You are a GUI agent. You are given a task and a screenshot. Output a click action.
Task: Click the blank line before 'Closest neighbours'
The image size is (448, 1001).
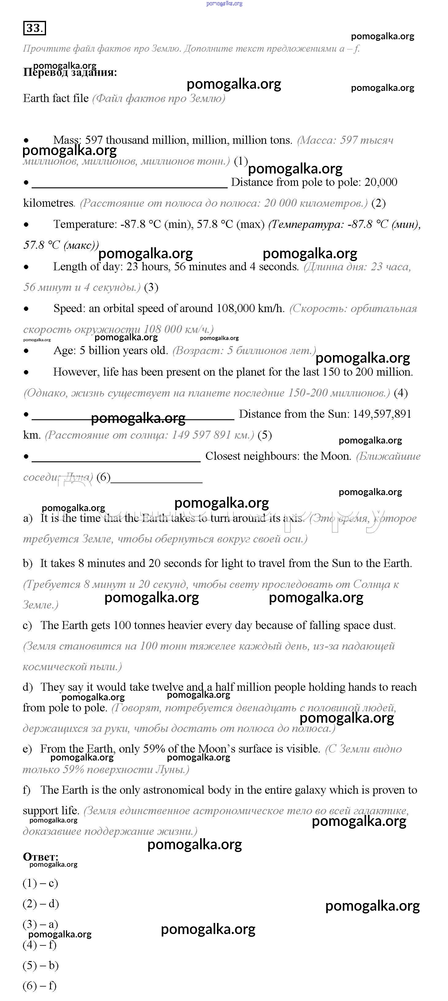coord(116,461)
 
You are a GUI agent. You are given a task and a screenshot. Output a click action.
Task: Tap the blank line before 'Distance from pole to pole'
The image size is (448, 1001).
coord(129,187)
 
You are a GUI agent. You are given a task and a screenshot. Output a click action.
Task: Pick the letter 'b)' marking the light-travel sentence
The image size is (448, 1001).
coord(28,563)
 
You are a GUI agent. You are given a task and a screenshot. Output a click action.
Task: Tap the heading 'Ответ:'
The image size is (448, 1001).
coord(41,857)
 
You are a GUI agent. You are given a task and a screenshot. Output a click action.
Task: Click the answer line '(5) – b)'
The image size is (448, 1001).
coord(41,965)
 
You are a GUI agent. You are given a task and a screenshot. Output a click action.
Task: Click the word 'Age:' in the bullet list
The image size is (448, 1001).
coord(65,350)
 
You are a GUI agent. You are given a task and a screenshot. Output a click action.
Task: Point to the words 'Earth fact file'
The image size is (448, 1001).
coord(56,98)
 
